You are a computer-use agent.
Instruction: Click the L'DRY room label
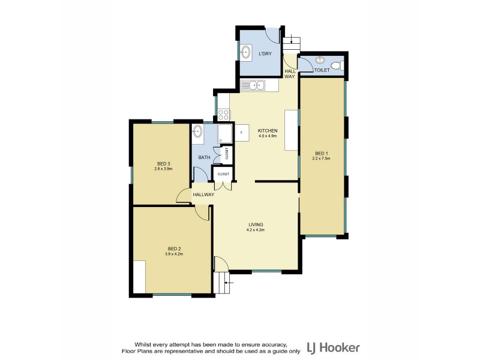click(x=265, y=54)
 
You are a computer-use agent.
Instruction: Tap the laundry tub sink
click(x=246, y=52)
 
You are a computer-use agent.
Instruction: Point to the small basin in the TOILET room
click(x=320, y=60)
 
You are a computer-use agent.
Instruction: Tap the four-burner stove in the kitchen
click(x=223, y=114)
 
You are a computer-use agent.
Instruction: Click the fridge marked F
click(x=241, y=132)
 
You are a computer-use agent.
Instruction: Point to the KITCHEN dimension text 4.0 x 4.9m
click(x=267, y=136)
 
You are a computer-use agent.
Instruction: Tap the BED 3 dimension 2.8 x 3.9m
click(x=164, y=169)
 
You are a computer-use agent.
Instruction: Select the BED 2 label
click(x=174, y=248)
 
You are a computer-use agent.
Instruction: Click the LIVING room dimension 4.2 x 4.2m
click(x=256, y=230)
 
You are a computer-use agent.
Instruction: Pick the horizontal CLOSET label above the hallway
click(x=223, y=174)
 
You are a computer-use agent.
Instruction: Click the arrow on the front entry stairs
click(x=227, y=280)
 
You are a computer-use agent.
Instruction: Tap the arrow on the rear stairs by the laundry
click(x=291, y=41)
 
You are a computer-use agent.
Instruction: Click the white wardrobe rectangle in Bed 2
click(x=139, y=277)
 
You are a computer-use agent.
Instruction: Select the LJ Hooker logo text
click(x=333, y=347)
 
